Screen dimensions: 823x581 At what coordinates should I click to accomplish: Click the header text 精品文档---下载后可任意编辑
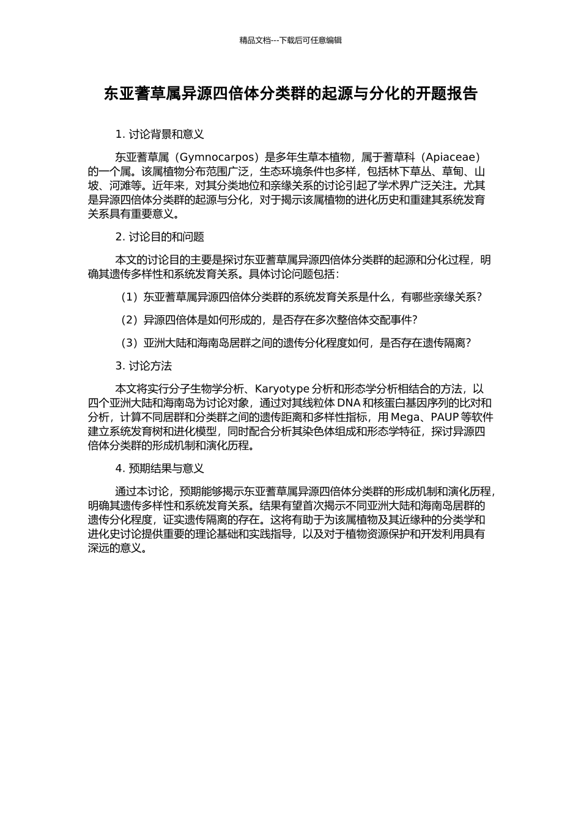coord(290,40)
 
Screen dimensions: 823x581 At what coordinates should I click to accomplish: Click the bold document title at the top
coord(290,94)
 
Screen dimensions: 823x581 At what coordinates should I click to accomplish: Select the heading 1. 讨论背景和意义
coord(160,134)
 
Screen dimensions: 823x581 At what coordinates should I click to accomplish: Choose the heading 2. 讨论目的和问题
coord(160,237)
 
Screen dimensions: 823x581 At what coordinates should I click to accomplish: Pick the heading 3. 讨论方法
coord(144,366)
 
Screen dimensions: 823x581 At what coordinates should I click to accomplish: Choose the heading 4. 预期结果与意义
coord(160,469)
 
